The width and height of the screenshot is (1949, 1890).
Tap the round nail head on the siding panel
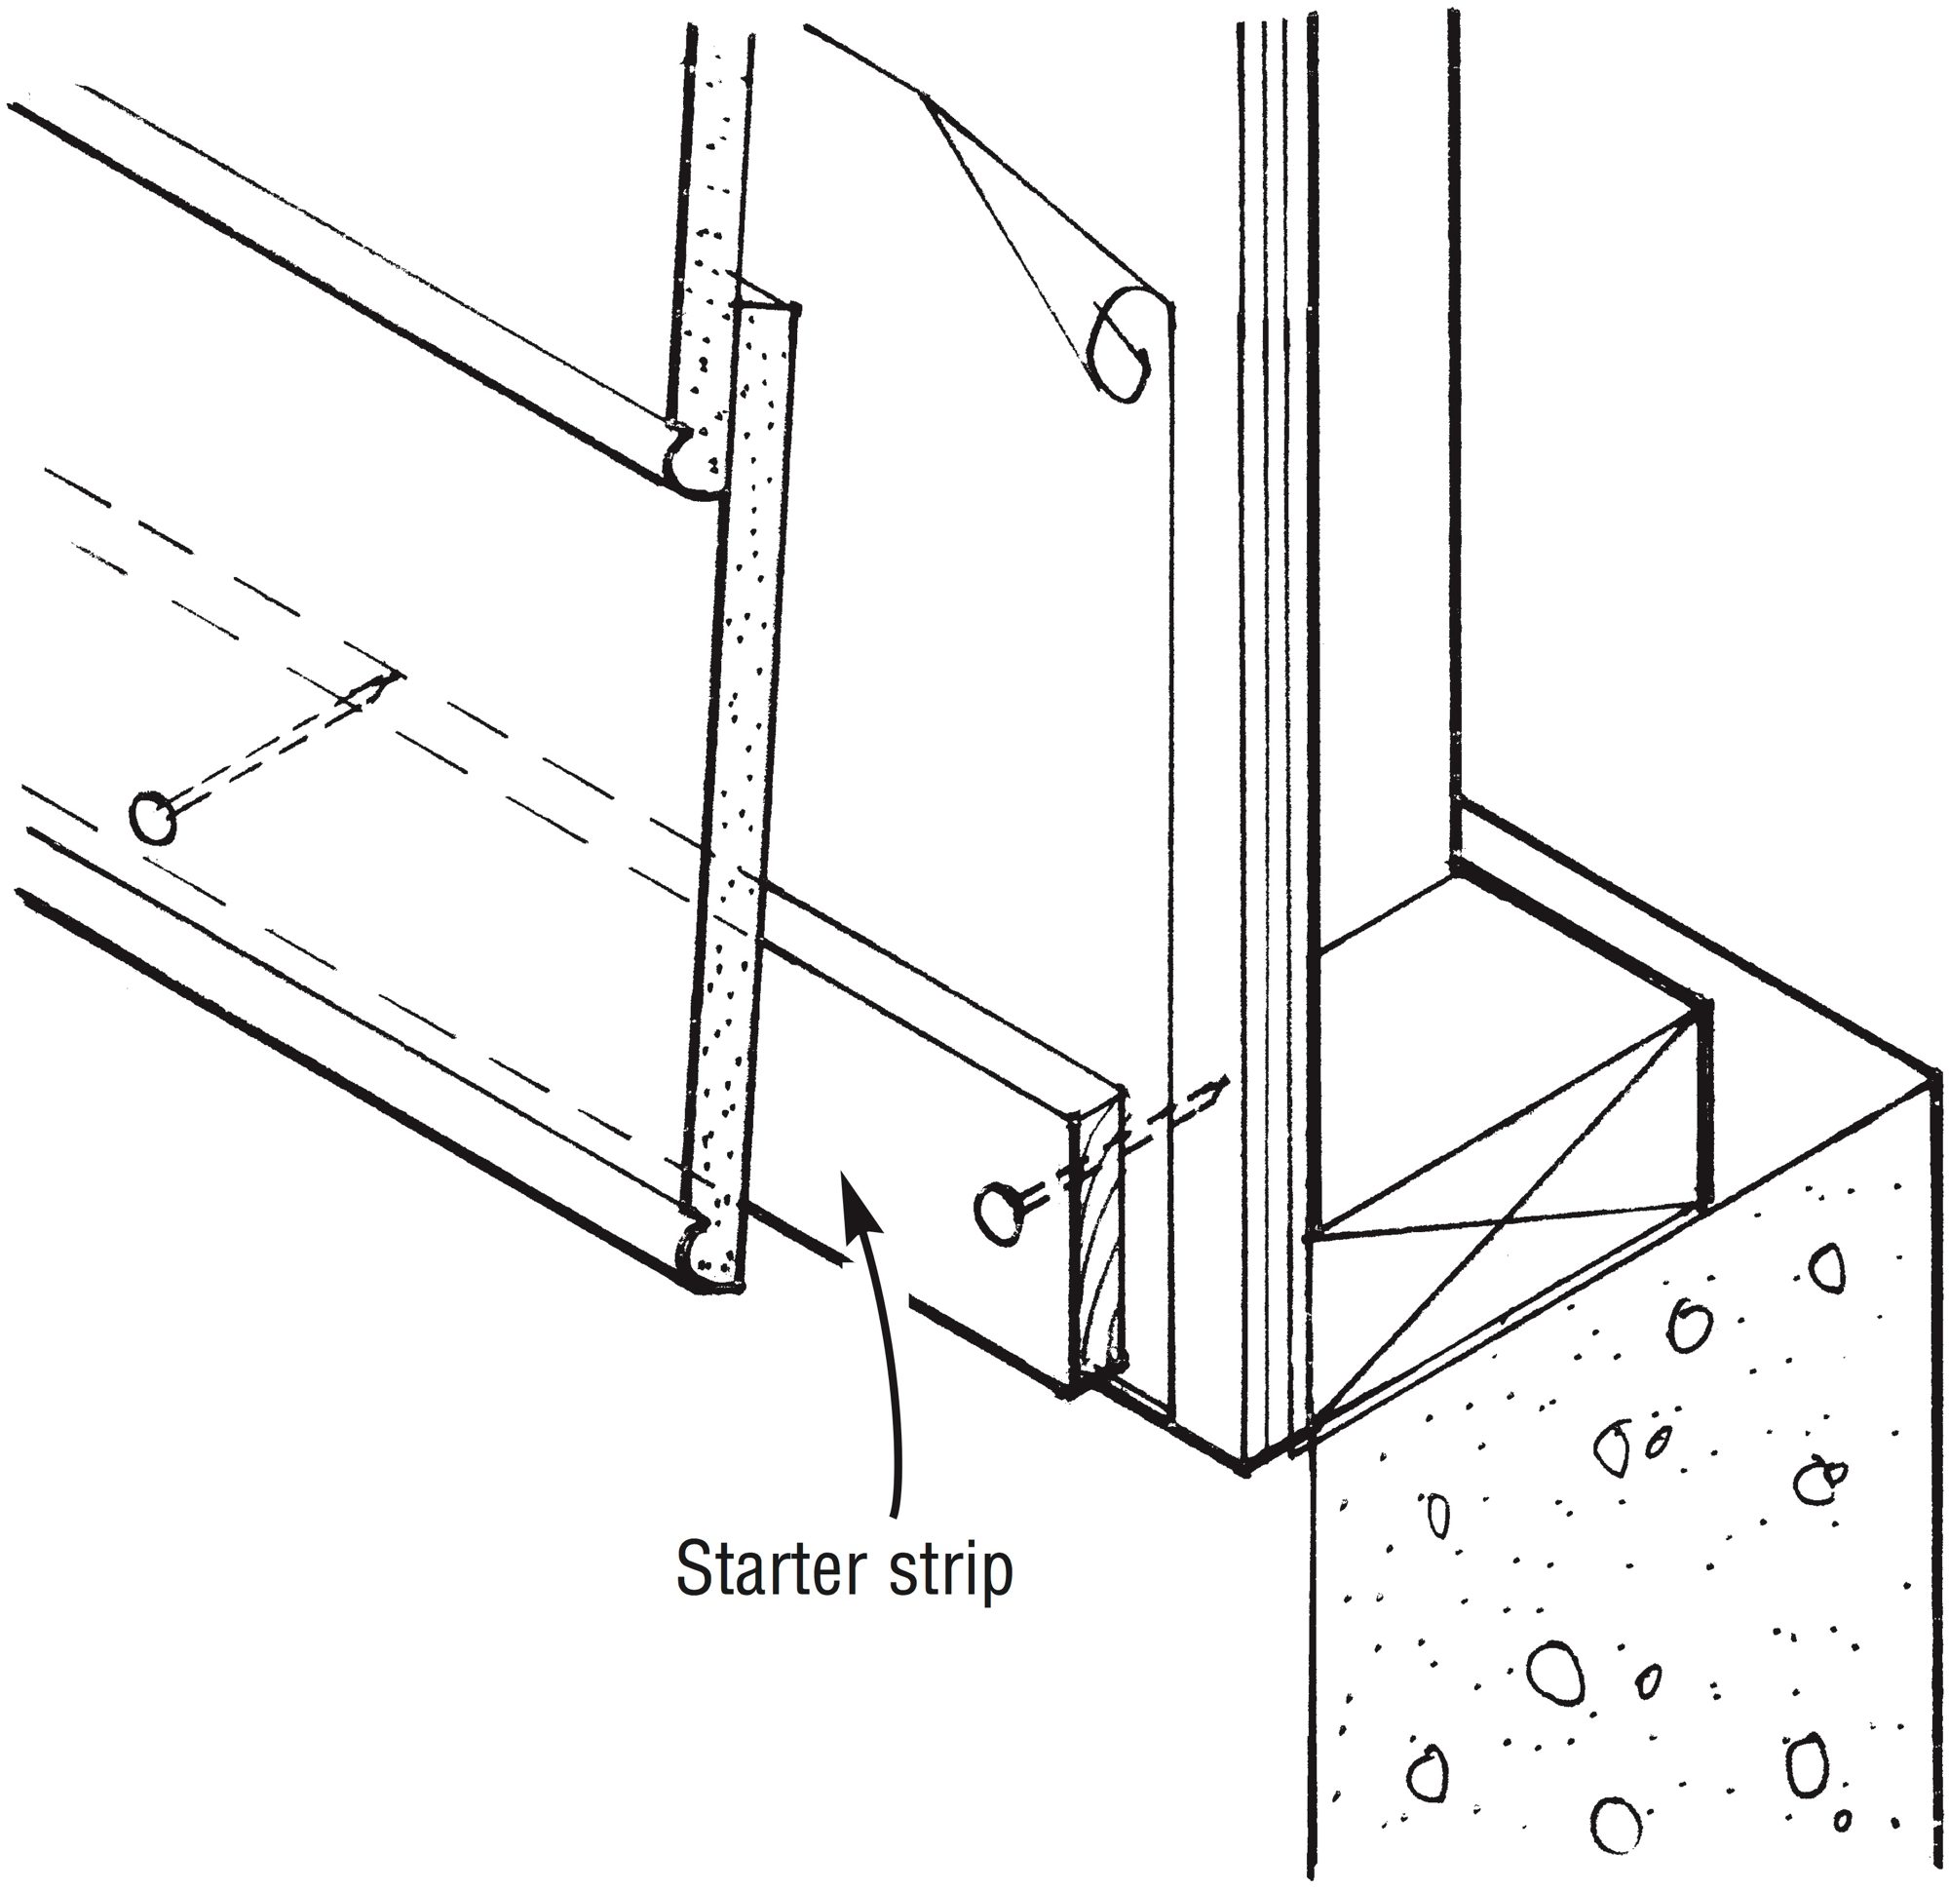click(x=152, y=819)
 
